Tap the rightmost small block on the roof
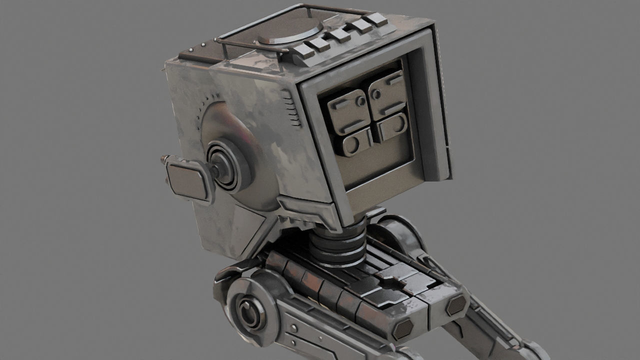point(375,19)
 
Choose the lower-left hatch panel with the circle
point(355,142)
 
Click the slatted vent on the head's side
point(290,107)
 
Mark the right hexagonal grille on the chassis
point(456,304)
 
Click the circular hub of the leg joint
point(247,313)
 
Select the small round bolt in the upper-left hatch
point(361,100)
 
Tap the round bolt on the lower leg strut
point(294,327)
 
